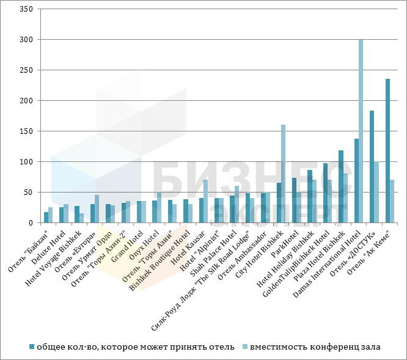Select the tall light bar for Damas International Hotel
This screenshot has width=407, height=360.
(x=361, y=131)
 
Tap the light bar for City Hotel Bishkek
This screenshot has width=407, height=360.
(x=284, y=174)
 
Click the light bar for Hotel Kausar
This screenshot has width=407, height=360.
(x=206, y=201)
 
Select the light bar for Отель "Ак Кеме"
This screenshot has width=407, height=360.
(x=392, y=201)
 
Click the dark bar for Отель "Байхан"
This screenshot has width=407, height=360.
(x=46, y=218)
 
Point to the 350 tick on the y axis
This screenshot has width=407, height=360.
(x=26, y=9)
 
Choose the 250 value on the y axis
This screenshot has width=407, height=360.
(x=26, y=70)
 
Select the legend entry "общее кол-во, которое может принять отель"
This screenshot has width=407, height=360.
(x=135, y=347)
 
